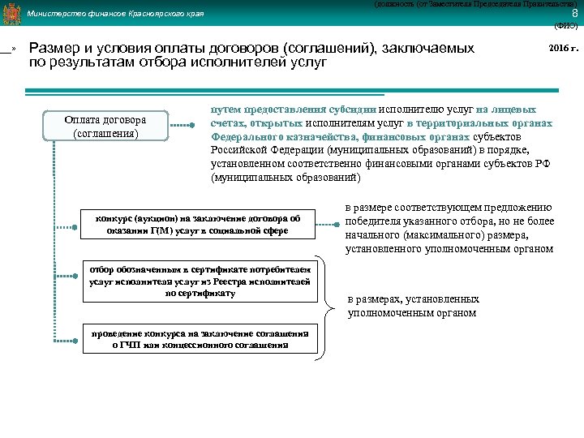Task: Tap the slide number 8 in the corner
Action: [574, 13]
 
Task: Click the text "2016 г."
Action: [564, 49]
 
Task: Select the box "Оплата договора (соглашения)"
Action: [106, 127]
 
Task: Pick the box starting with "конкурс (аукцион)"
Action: [198, 224]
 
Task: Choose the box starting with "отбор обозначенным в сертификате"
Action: [200, 281]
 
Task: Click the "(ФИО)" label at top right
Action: [565, 26]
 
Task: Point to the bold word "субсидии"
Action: [354, 109]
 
